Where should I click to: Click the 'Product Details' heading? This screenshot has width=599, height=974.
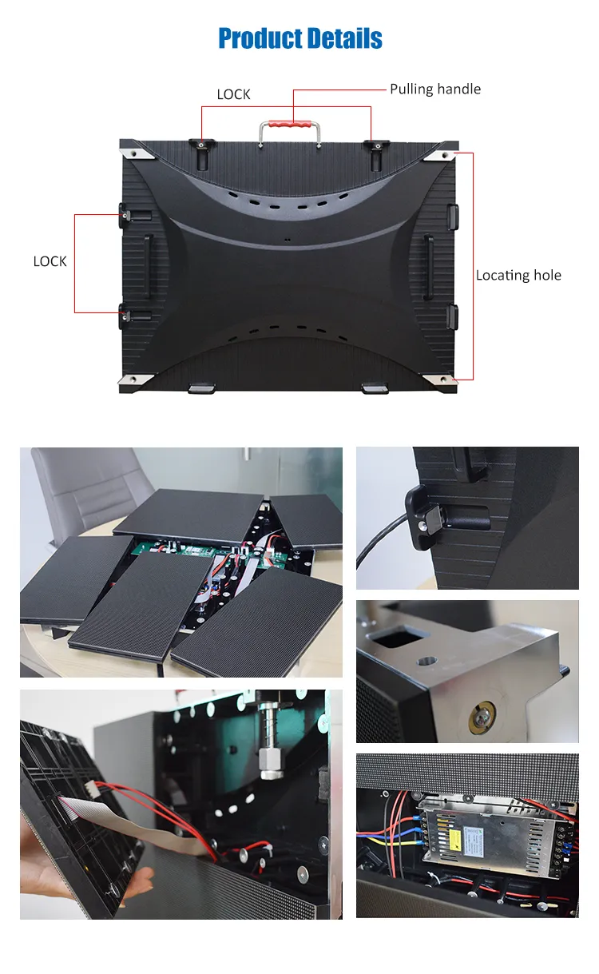tap(300, 38)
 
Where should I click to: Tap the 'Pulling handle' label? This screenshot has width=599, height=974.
tap(435, 89)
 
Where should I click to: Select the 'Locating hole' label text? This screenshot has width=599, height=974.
tap(518, 275)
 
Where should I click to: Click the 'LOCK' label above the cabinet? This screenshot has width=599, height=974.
tap(233, 94)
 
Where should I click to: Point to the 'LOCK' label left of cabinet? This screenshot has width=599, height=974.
tap(50, 261)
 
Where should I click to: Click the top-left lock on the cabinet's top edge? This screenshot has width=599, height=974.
tap(200, 145)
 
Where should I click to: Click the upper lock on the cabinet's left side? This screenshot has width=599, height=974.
tap(128, 213)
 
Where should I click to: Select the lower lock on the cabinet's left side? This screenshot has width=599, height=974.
tap(128, 314)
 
